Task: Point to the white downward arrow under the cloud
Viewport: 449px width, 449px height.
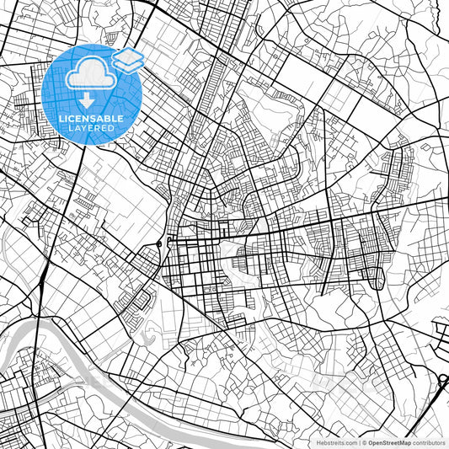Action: coord(86,99)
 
